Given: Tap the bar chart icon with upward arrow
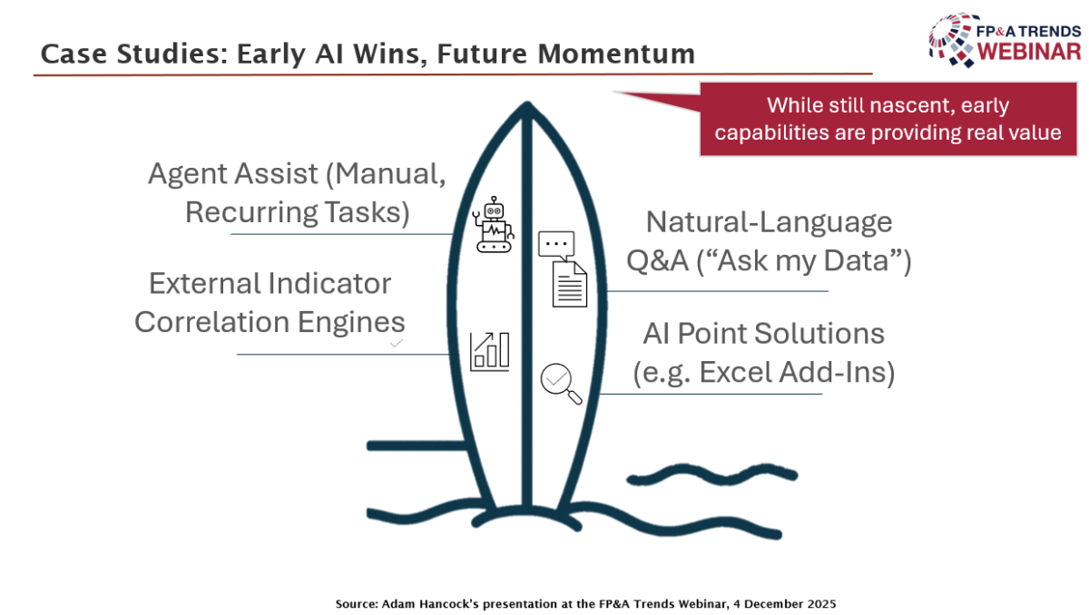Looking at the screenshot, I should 490,351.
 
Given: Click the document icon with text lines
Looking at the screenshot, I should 570,283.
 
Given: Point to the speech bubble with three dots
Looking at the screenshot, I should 556,245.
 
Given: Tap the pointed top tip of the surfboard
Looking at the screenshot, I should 525,107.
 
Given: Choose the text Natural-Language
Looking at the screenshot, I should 769,222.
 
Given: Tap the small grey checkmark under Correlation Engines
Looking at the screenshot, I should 396,344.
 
